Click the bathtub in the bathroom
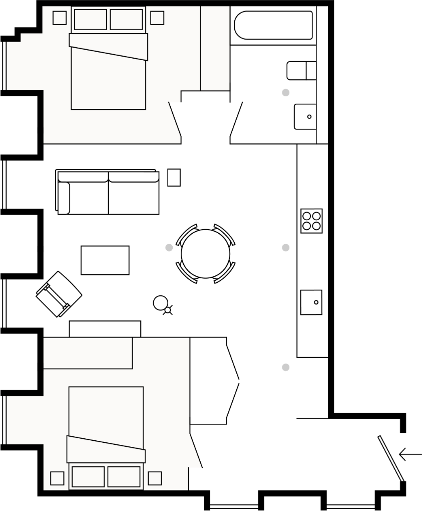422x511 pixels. [273, 25]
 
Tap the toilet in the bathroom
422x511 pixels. [301, 71]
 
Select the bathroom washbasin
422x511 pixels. [305, 116]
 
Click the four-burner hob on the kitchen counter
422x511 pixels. [311, 221]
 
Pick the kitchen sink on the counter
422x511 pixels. [311, 302]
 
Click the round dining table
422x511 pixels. [205, 254]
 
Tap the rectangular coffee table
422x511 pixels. [105, 260]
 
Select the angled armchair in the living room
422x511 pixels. [59, 294]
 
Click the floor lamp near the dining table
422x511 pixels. [161, 303]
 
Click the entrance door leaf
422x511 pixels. [390, 458]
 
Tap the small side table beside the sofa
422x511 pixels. [174, 178]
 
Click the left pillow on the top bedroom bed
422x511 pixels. [90, 20]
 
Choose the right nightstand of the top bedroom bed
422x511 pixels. [157, 18]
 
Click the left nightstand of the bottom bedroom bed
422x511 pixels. [57, 478]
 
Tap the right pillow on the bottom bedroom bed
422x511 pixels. [124, 477]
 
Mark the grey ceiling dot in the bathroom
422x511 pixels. [285, 92]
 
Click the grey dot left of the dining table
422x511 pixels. [169, 247]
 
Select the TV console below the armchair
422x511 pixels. [105, 329]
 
